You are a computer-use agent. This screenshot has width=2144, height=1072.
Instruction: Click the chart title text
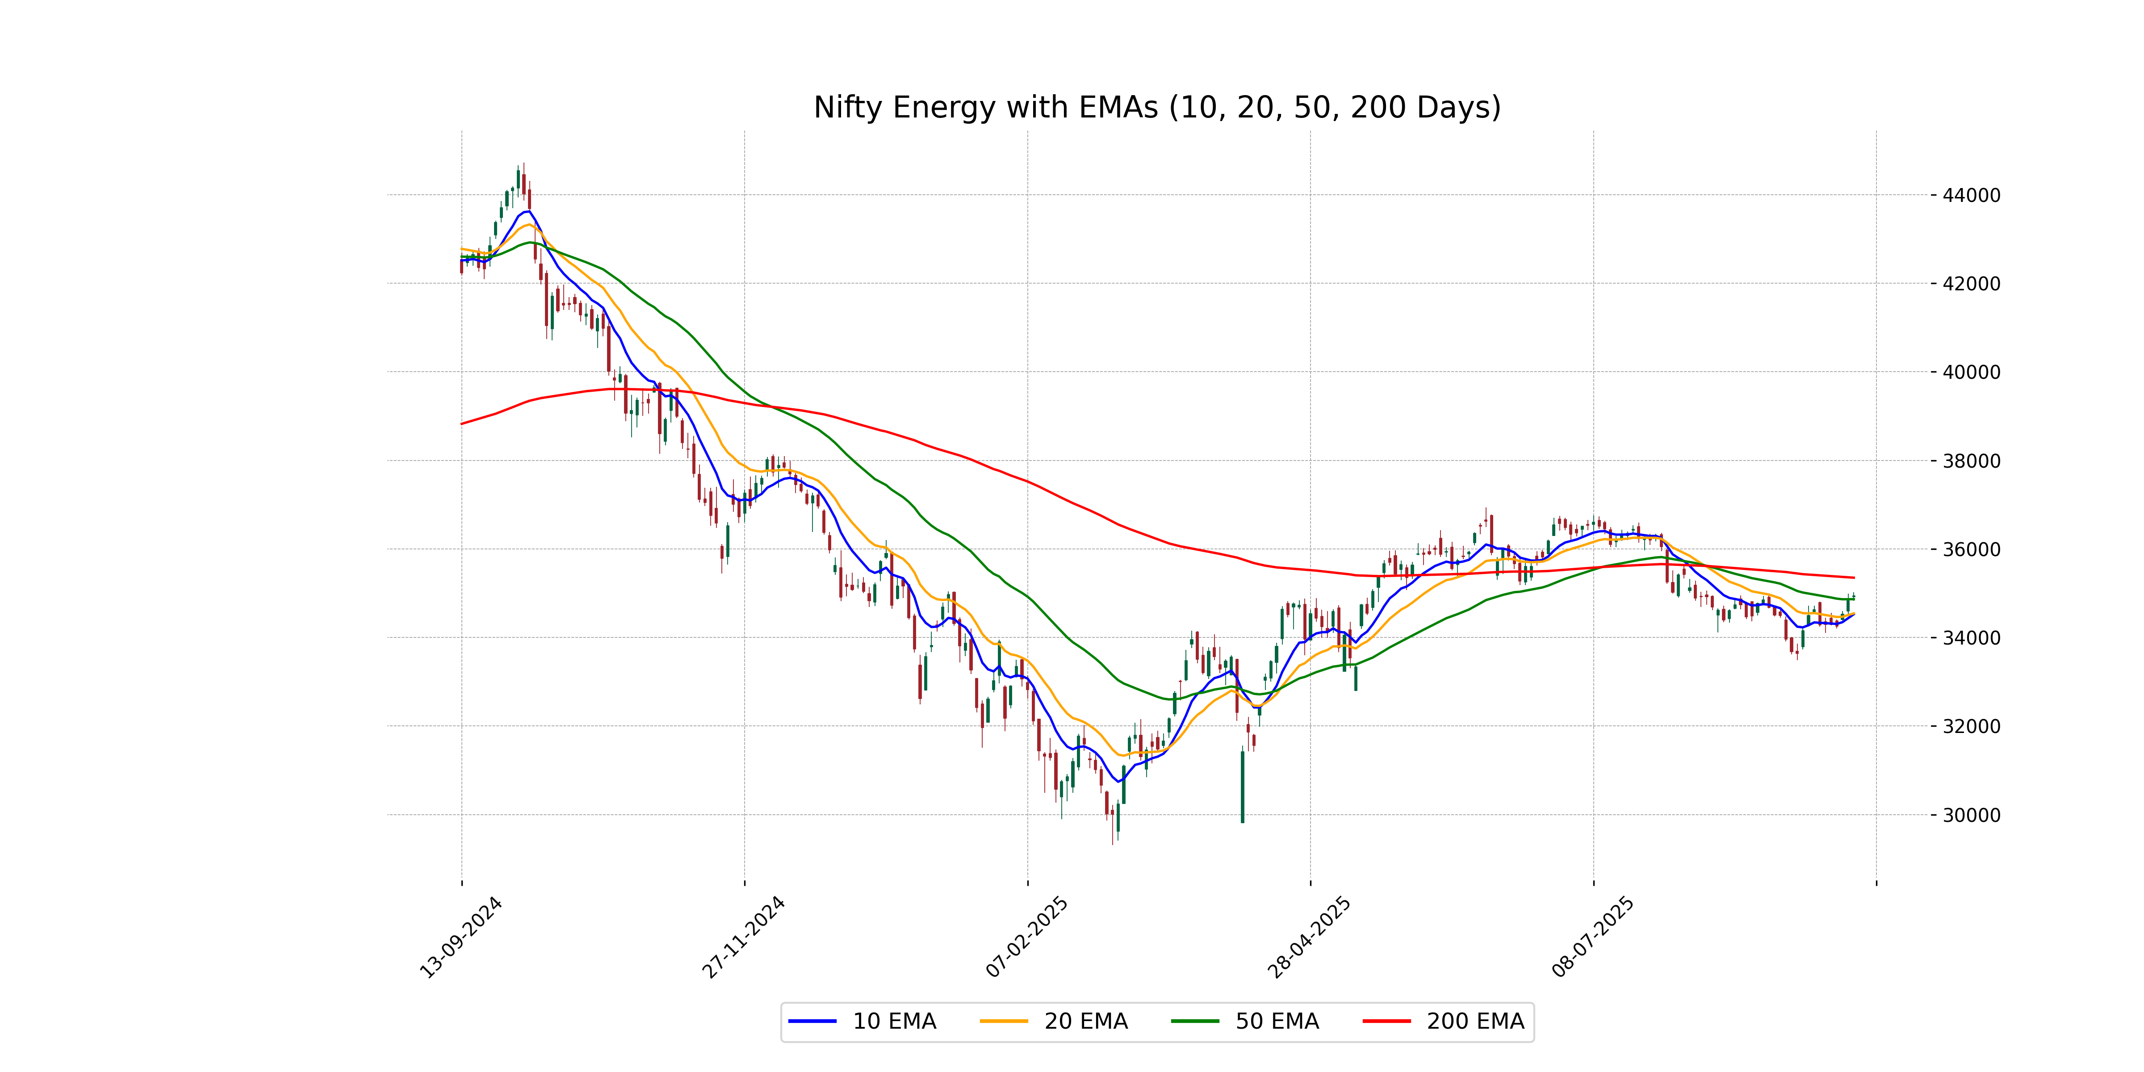click(1157, 107)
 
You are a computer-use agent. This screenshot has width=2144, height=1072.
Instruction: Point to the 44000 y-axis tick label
click(1971, 196)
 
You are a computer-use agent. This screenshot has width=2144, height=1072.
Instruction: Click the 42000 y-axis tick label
click(1971, 284)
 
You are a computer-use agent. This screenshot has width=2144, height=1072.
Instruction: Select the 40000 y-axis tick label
click(1971, 372)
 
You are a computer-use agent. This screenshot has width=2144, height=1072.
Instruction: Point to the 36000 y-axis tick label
click(1971, 549)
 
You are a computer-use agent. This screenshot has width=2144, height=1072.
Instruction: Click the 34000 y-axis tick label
click(1971, 637)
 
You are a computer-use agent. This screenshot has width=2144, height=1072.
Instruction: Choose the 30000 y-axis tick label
click(1971, 815)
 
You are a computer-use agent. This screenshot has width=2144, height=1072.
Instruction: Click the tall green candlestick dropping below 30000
click(1243, 787)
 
